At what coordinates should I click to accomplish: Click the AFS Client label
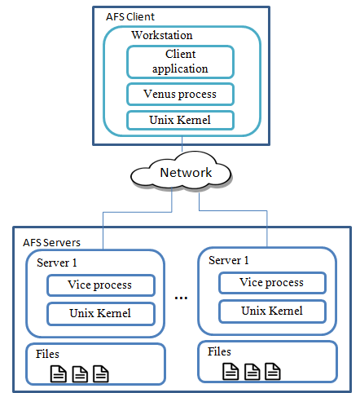(130, 17)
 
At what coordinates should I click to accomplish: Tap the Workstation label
(162, 35)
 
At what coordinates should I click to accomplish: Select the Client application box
(180, 62)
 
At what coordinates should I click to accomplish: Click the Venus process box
(180, 95)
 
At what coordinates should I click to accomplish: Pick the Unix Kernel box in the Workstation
(180, 120)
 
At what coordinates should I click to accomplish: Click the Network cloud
(182, 171)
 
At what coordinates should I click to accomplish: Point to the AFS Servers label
(51, 243)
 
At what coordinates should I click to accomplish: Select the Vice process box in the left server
(101, 285)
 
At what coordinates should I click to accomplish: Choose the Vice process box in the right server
(272, 283)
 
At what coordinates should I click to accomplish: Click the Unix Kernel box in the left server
(101, 314)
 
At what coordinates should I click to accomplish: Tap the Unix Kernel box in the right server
(272, 311)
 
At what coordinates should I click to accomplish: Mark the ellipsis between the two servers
(181, 298)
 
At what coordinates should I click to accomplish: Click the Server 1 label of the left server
(57, 263)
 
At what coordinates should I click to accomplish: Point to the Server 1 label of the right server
(229, 260)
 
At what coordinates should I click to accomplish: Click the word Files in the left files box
(47, 354)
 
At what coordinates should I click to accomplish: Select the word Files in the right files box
(219, 351)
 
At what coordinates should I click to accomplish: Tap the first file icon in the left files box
(59, 374)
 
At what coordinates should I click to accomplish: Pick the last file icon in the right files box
(273, 371)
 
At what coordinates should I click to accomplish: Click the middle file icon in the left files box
(80, 374)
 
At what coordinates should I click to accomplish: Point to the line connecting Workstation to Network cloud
(182, 144)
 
